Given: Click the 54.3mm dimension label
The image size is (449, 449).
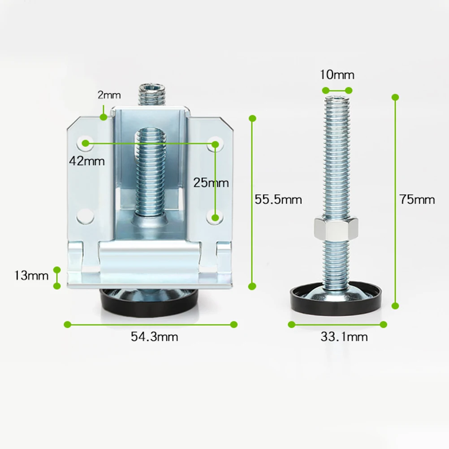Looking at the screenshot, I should pos(154,337).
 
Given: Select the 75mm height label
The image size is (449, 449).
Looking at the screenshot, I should pos(417,199).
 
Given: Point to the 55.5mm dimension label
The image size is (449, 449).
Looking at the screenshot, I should pos(278,199).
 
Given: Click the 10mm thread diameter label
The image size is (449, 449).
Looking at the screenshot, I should pos(337,74).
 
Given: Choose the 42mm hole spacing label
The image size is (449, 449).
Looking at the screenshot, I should pos(86,160).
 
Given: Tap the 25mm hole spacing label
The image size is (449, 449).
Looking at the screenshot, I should pos(211,182).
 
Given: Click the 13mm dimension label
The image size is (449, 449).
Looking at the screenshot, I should pos(31,275).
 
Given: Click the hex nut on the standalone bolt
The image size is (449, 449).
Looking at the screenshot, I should pos(336,228).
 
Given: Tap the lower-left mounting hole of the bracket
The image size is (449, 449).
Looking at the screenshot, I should pos(85,216).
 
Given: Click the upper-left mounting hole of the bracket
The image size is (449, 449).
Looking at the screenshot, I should pos(85,143).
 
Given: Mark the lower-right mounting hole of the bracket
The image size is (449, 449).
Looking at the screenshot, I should pos(216,217).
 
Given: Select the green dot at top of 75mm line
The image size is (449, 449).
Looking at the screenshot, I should pos(395,97).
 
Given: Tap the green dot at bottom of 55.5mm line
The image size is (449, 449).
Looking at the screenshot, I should pos(252,286).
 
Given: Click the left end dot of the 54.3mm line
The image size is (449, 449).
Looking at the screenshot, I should pos(67,324).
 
